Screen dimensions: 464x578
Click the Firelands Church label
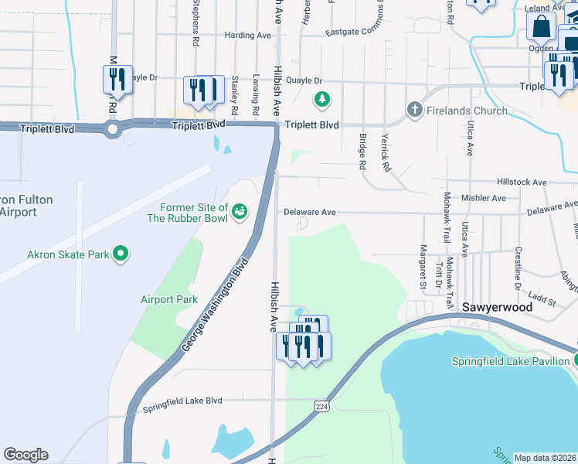tap(467, 111)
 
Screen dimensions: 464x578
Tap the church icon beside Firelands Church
tap(415, 110)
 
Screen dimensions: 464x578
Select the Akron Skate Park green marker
tap(120, 253)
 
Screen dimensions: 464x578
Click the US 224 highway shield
tap(321, 405)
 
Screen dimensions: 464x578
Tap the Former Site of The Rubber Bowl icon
tap(240, 210)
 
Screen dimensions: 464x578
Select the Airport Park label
tap(169, 299)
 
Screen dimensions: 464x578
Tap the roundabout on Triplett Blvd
tap(113, 129)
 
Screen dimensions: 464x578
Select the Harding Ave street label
tap(247, 35)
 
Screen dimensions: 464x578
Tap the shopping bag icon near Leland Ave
tap(542, 26)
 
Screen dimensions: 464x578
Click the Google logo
tap(25, 455)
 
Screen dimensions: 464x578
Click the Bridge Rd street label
tap(361, 151)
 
